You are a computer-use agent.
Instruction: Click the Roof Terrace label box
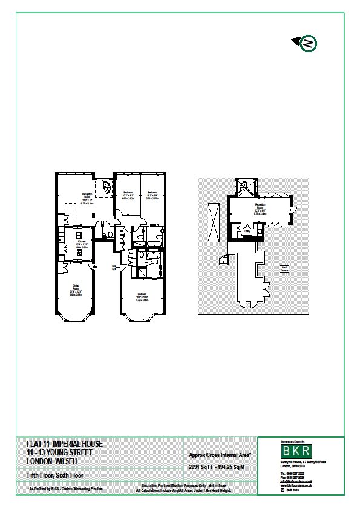tap(283, 268)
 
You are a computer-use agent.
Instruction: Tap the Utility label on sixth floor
tap(247, 231)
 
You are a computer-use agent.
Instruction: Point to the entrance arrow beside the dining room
tap(92, 266)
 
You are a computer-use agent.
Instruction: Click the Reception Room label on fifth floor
tap(87, 199)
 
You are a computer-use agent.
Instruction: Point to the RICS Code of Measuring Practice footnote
tap(65, 488)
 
